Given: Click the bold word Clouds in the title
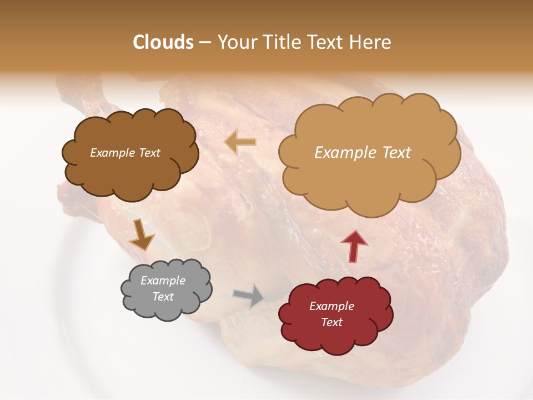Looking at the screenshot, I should point(163,42).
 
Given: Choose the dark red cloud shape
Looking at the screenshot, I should point(336,339).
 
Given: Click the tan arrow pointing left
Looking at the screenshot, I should point(240,143).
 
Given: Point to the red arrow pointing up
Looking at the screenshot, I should point(354,245).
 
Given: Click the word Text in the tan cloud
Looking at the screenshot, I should point(396,153).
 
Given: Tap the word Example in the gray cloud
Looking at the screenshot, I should point(163,281).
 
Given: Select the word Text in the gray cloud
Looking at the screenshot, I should point(163,297).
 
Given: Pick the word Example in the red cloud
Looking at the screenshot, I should point(331,306).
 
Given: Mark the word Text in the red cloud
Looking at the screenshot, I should point(331,322).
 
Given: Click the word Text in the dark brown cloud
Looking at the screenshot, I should point(149,153).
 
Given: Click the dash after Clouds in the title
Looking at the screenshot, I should point(204,43).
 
